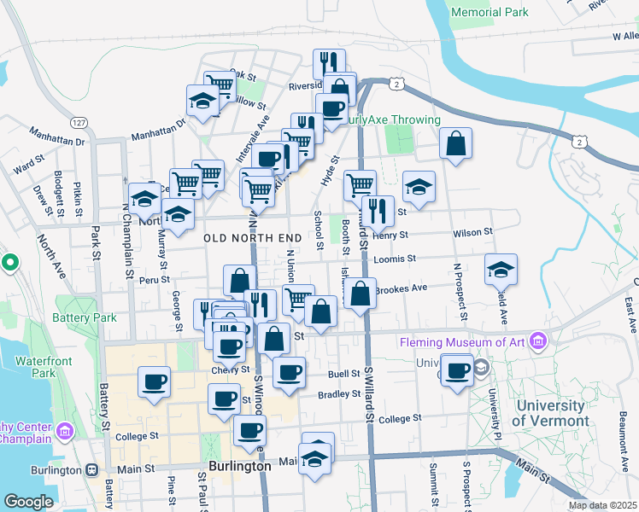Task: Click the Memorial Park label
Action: [x=490, y=12]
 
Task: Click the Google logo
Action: [x=28, y=502]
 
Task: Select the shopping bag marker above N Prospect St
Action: [x=456, y=143]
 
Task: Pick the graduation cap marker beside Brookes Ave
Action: [x=501, y=270]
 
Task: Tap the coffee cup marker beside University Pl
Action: [x=458, y=369]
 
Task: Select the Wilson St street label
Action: [x=472, y=232]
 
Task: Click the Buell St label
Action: [x=343, y=374]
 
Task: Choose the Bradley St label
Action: [x=338, y=394]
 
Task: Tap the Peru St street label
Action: [x=151, y=279]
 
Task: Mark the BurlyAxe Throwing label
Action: [x=391, y=120]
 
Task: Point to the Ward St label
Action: [x=29, y=160]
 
